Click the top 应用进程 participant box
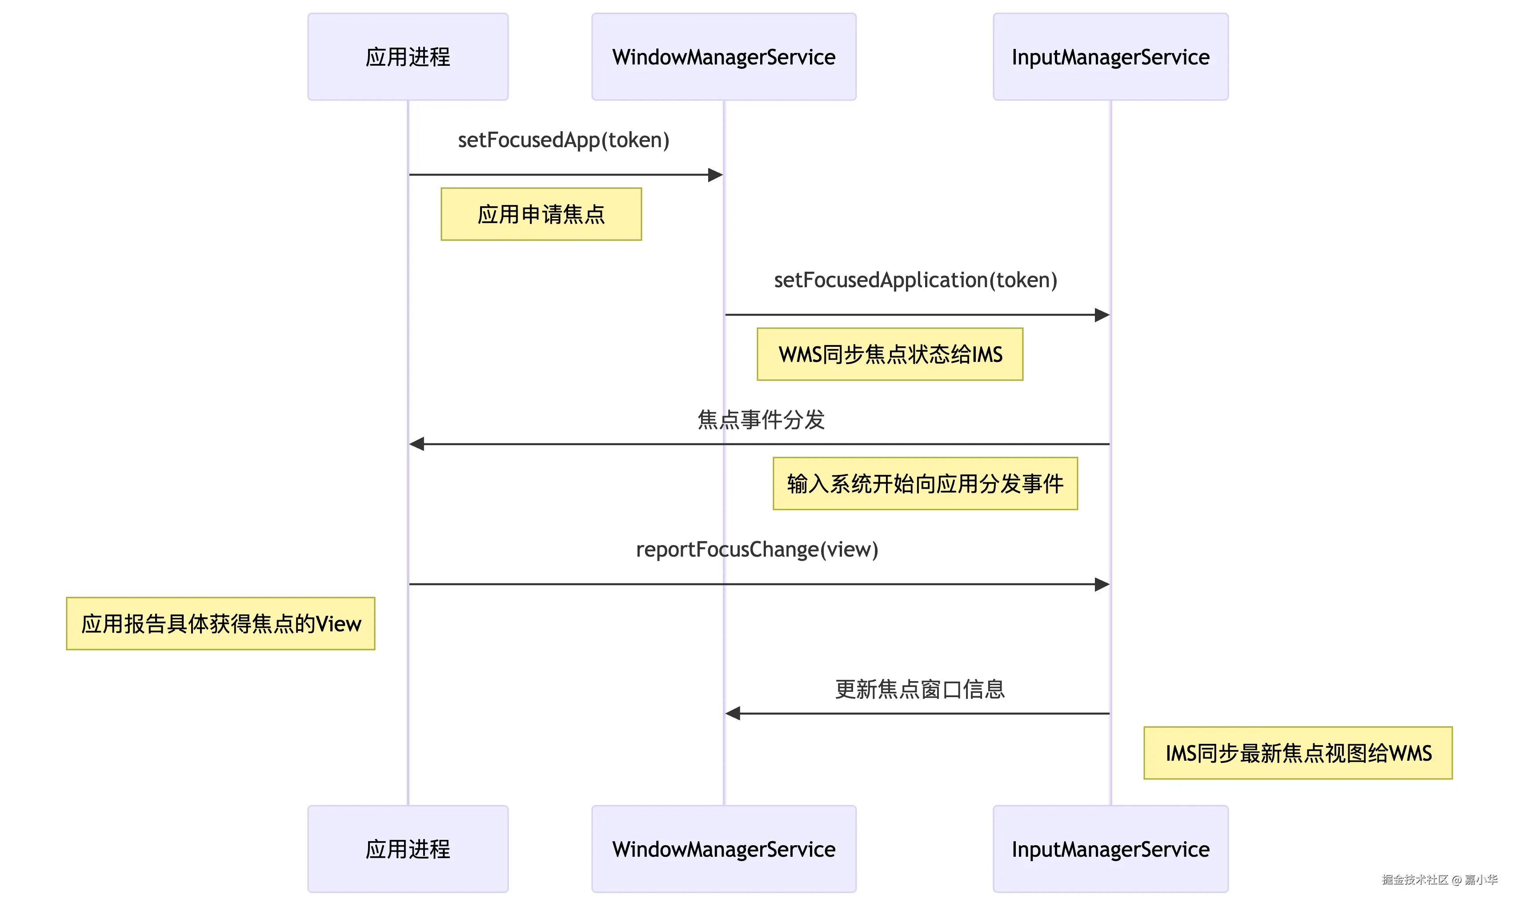click(408, 57)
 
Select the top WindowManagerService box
click(723, 57)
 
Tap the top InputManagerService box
click(1110, 57)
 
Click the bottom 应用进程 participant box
click(408, 849)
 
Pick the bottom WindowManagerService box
click(723, 849)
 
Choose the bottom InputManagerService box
click(1110, 849)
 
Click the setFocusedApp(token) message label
click(563, 140)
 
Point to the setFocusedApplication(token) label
click(915, 280)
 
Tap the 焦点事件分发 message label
click(761, 420)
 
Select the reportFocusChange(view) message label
click(757, 550)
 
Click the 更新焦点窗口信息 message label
click(920, 690)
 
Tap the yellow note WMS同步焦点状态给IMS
click(890, 354)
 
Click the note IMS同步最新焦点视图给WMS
click(1298, 754)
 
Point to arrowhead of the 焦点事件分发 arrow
click(417, 444)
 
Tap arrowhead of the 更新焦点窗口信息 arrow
click(733, 713)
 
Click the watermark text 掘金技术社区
click(1415, 879)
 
